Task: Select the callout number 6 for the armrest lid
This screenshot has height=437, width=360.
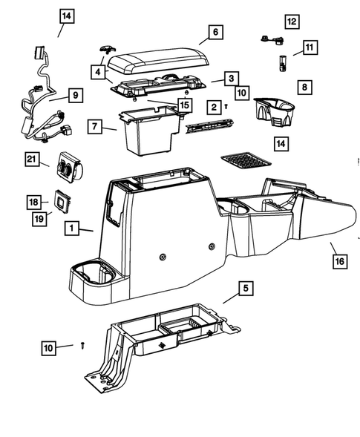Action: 215,32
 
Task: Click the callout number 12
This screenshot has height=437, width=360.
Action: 292,22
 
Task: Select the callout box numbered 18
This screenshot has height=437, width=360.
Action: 33,202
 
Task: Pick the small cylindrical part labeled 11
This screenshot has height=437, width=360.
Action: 283,65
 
